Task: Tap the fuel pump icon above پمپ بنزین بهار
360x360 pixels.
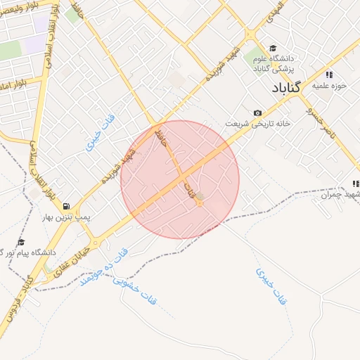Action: [66, 207]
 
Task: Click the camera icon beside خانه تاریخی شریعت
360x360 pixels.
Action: [257, 113]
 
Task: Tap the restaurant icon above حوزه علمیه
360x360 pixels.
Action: [328, 75]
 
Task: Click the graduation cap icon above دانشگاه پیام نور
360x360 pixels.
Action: [20, 242]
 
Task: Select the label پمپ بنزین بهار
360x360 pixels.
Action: [66, 218]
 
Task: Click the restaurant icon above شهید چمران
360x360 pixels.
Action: [355, 184]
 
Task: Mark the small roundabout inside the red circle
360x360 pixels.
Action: [199, 203]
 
